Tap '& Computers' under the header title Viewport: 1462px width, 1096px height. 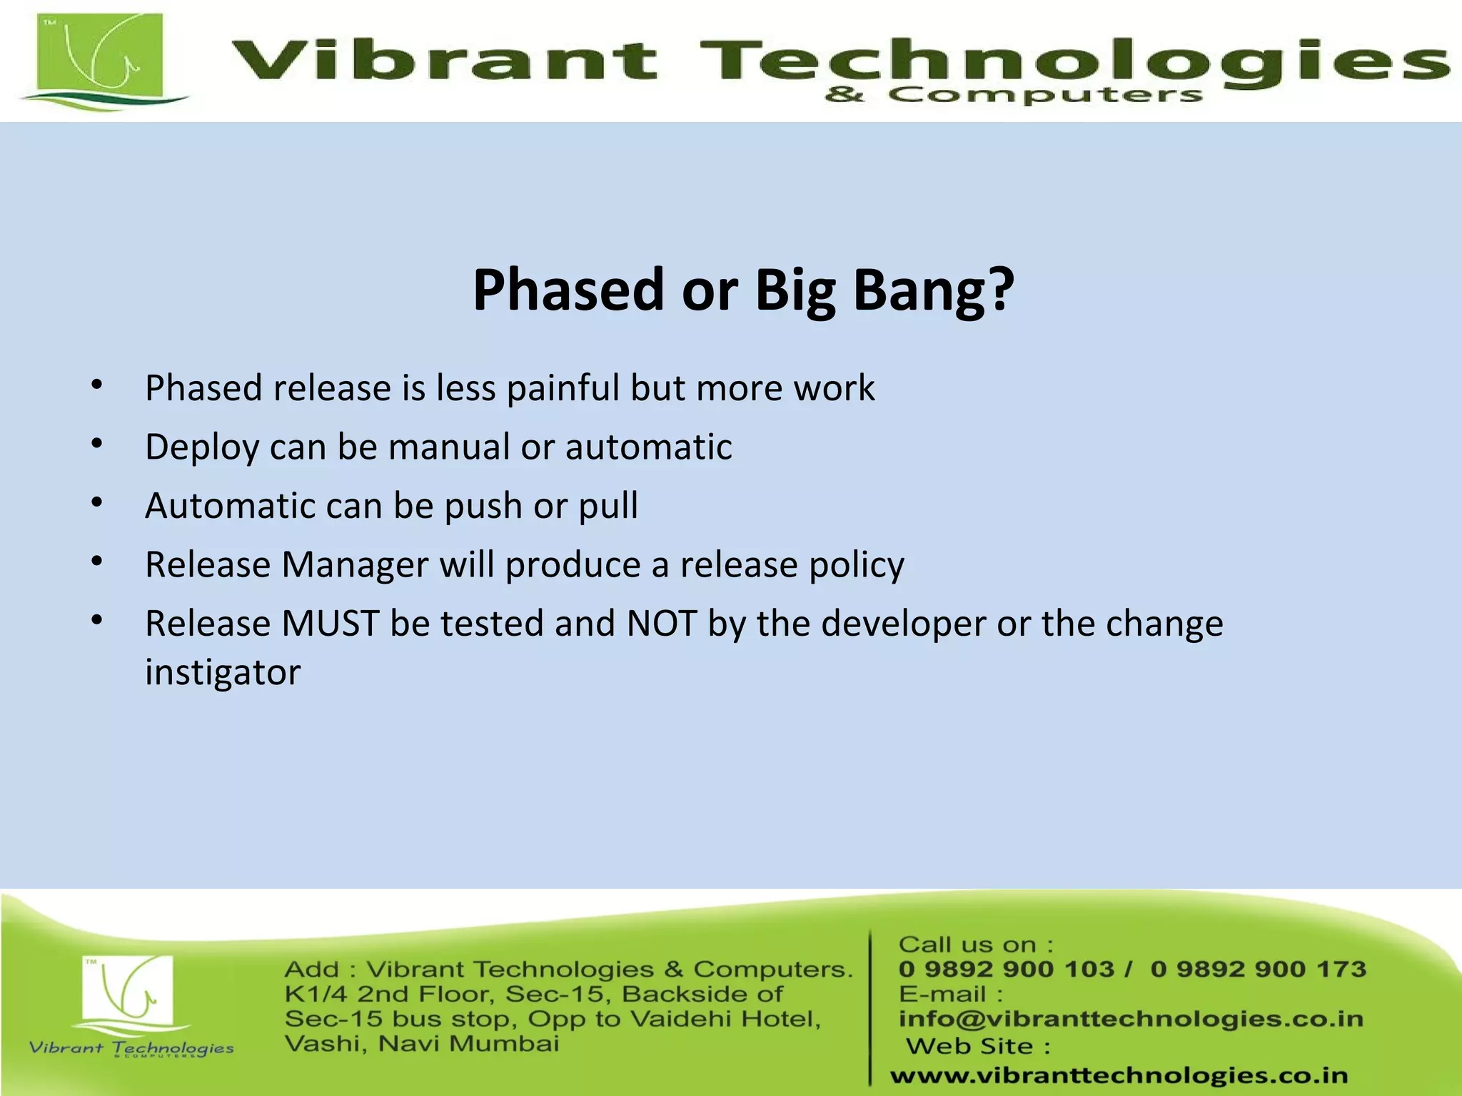[1013, 95]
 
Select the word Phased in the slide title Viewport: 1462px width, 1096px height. [568, 290]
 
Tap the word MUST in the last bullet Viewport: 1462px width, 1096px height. [330, 624]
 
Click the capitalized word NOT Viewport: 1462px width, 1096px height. [661, 624]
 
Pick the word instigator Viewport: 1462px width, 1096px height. [223, 672]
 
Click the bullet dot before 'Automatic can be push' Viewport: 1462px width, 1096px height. [97, 503]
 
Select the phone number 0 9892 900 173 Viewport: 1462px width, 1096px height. [1258, 969]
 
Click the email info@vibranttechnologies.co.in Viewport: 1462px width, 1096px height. [1130, 1019]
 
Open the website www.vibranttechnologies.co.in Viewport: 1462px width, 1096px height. [1119, 1075]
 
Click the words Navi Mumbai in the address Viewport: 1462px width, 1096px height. [468, 1044]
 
